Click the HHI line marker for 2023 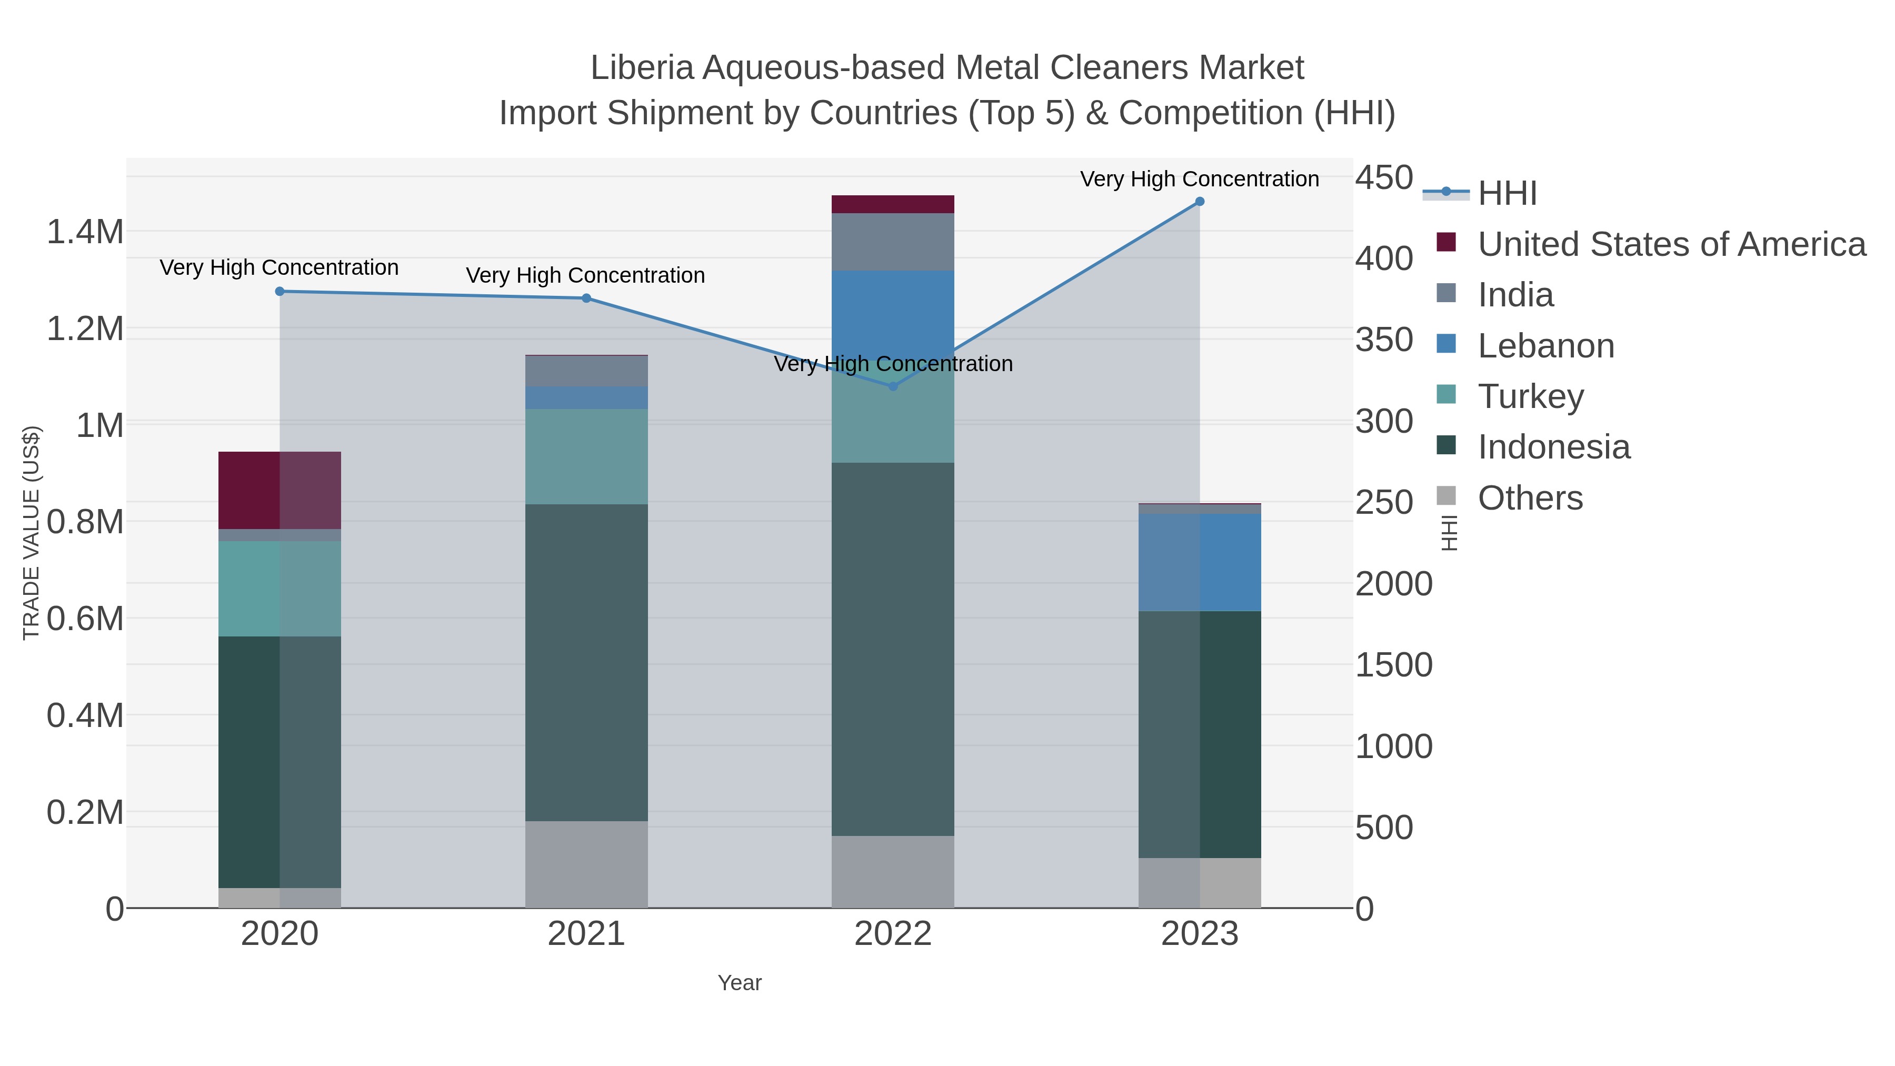coord(1199,202)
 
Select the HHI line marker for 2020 coord(280,291)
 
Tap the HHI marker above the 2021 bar coord(586,298)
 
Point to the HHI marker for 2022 coord(893,386)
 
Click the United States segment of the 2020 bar coord(280,490)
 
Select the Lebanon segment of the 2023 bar coord(1199,562)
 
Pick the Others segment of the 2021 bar coord(586,864)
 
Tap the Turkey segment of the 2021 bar coord(586,456)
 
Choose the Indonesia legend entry coord(1554,447)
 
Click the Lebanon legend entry coord(1545,346)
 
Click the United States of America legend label coord(1671,244)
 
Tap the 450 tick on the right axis coord(1384,177)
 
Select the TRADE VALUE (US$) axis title coord(31,533)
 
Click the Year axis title coord(740,983)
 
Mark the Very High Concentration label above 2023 coord(1199,179)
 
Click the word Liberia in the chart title coord(642,68)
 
